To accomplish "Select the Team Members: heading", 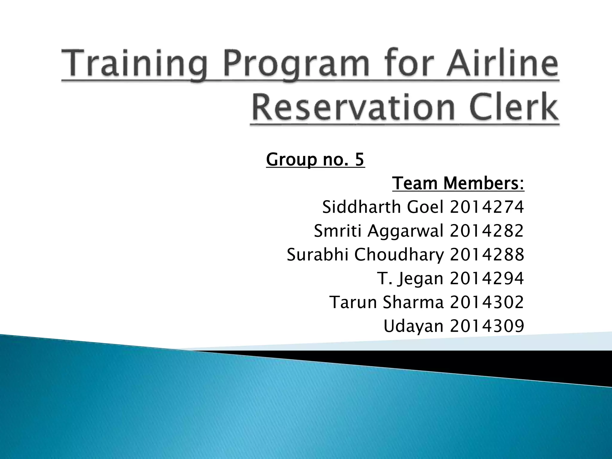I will click(x=458, y=183).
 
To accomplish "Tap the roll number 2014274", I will click(x=487, y=207).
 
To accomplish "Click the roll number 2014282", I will click(x=487, y=231).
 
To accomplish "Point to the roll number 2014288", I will click(x=487, y=255).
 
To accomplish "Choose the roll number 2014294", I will click(x=487, y=279).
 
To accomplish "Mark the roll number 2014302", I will click(x=487, y=302).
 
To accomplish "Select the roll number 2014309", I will click(x=487, y=326).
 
